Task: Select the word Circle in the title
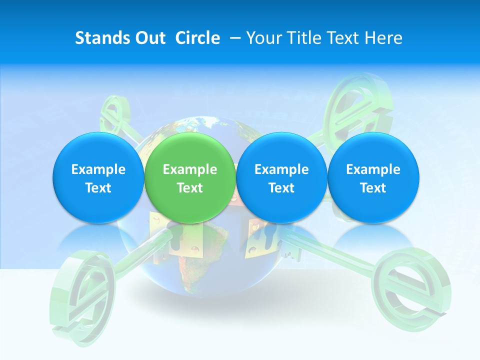click(197, 38)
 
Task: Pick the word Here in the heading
click(384, 38)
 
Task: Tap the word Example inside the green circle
click(190, 169)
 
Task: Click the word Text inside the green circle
click(190, 188)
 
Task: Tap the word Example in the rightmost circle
click(373, 169)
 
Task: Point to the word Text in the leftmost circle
click(98, 188)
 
